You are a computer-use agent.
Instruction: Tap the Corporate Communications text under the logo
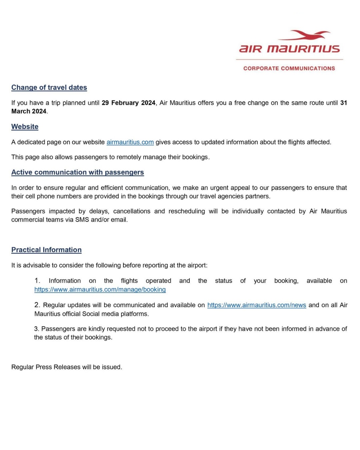coord(289,68)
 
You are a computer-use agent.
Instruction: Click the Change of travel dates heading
coord(49,87)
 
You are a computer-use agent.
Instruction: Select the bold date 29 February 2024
coord(128,103)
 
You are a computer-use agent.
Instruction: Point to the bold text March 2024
coord(29,111)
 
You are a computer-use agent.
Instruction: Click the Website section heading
coord(25,127)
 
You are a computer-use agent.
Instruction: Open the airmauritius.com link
coord(130,142)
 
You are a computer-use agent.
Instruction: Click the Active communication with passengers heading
coord(77,172)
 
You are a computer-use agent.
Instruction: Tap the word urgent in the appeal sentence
coord(219,188)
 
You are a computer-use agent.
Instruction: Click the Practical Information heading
coord(46,250)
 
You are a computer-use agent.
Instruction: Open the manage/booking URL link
coord(100,289)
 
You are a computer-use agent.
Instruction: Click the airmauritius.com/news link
coord(257,305)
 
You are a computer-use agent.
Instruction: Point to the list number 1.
coord(37,281)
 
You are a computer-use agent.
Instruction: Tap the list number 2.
coord(37,305)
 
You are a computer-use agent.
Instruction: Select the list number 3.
coord(36,329)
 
